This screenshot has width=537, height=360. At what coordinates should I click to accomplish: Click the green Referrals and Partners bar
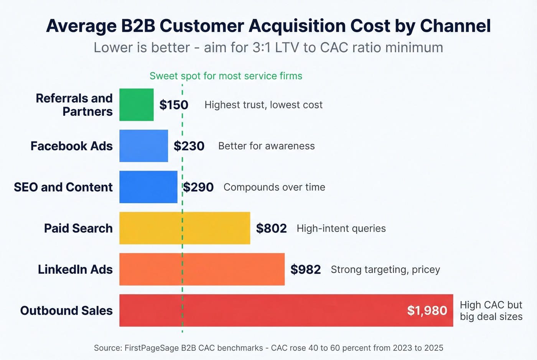click(136, 105)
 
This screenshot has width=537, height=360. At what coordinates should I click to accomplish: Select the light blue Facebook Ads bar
click(143, 146)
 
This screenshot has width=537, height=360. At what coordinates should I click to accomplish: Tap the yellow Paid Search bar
click(184, 228)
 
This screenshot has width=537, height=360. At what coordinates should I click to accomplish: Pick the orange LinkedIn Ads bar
click(202, 269)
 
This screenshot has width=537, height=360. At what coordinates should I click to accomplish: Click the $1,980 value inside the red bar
click(427, 311)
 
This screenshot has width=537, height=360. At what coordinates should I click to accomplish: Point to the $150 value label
click(174, 105)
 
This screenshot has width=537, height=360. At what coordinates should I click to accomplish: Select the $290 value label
click(198, 187)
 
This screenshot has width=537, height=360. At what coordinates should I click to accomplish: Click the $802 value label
click(271, 228)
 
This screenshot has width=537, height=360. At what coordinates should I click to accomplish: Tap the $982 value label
click(305, 270)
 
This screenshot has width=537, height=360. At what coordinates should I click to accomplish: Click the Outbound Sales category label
click(66, 311)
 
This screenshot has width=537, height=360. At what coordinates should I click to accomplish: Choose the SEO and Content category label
click(63, 187)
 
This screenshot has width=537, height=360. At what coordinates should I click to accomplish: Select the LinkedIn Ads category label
click(75, 270)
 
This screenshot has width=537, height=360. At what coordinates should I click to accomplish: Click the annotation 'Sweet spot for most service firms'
click(226, 76)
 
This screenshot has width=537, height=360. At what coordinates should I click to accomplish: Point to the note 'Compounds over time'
click(274, 187)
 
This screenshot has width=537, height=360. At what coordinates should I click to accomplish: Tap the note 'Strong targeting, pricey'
click(385, 270)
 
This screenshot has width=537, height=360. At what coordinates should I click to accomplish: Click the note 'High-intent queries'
click(341, 228)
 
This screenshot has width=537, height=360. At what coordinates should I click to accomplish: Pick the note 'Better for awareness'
click(266, 146)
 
